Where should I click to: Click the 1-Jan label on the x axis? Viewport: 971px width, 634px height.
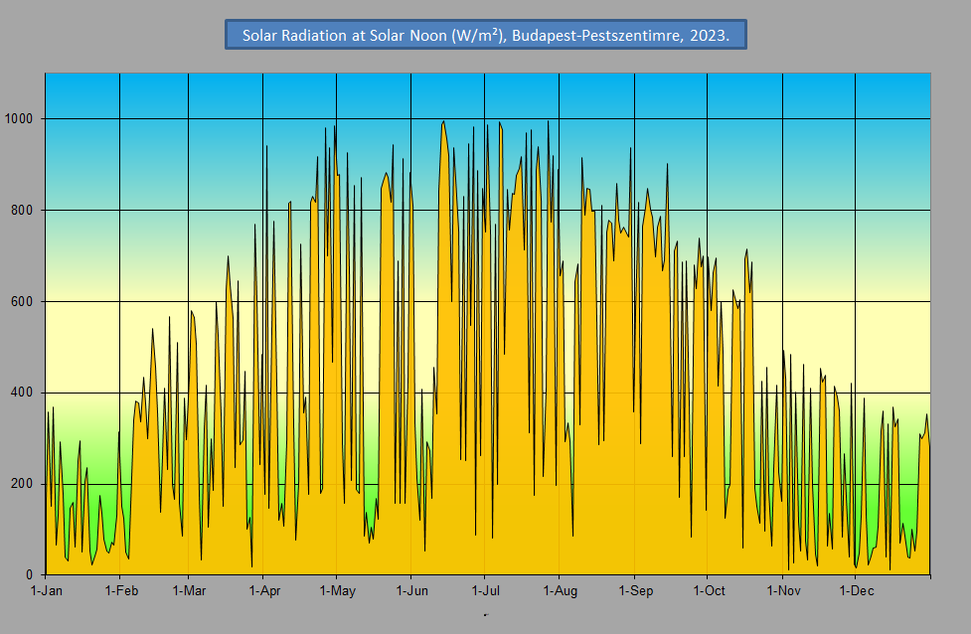[46, 591]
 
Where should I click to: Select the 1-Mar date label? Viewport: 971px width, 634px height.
[188, 591]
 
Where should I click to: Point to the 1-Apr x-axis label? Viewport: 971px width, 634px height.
[263, 591]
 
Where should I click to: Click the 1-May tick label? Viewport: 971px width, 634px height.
[336, 591]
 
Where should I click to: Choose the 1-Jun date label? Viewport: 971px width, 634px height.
[411, 591]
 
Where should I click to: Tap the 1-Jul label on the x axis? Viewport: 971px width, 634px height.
[484, 591]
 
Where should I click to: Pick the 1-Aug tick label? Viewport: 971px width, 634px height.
[560, 591]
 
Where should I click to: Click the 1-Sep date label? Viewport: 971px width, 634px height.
[635, 591]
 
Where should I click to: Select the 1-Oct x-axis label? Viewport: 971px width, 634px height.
[708, 591]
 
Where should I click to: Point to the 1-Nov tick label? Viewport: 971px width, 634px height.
[783, 591]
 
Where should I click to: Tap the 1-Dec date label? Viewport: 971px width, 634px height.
[856, 591]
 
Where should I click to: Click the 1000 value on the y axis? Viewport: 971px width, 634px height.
[20, 119]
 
